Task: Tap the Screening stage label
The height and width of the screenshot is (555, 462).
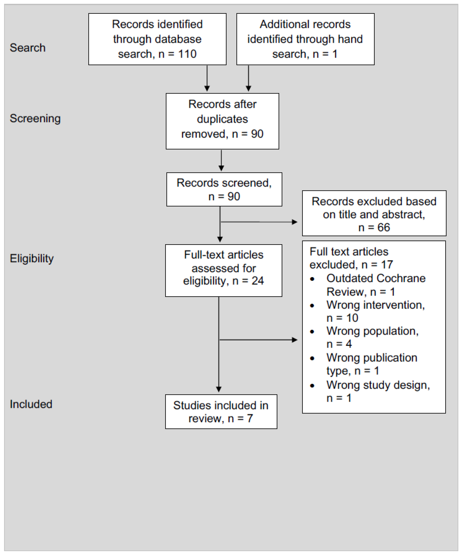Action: point(35,118)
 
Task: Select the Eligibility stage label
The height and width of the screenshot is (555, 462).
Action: point(32,258)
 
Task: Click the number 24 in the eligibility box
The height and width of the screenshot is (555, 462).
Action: point(258,281)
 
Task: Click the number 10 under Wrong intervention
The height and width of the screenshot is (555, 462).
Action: point(352,318)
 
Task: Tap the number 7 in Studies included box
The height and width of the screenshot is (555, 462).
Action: point(250,418)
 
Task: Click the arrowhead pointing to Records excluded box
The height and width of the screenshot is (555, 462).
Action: point(295,222)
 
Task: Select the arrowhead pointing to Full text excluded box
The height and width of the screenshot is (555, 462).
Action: point(295,340)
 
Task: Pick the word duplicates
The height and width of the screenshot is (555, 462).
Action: point(222,119)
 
